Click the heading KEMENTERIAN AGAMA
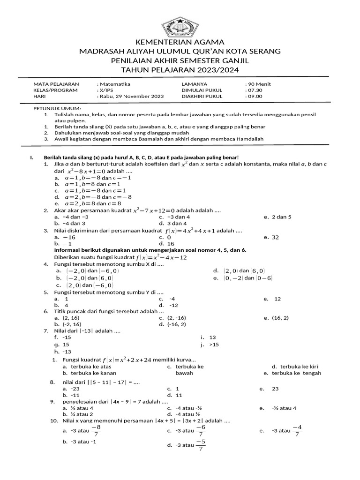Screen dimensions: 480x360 [180, 42]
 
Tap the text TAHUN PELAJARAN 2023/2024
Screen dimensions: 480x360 [180, 70]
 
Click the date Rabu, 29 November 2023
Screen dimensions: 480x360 [131, 96]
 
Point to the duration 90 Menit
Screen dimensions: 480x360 [259, 84]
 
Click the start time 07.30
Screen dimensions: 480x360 [255, 90]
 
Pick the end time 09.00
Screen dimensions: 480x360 [255, 96]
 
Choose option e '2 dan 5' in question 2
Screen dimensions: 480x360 [283, 217]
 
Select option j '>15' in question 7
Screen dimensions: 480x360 [214, 345]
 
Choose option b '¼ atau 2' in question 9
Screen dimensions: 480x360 [82, 414]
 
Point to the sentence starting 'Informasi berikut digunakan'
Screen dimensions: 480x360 [150, 250]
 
